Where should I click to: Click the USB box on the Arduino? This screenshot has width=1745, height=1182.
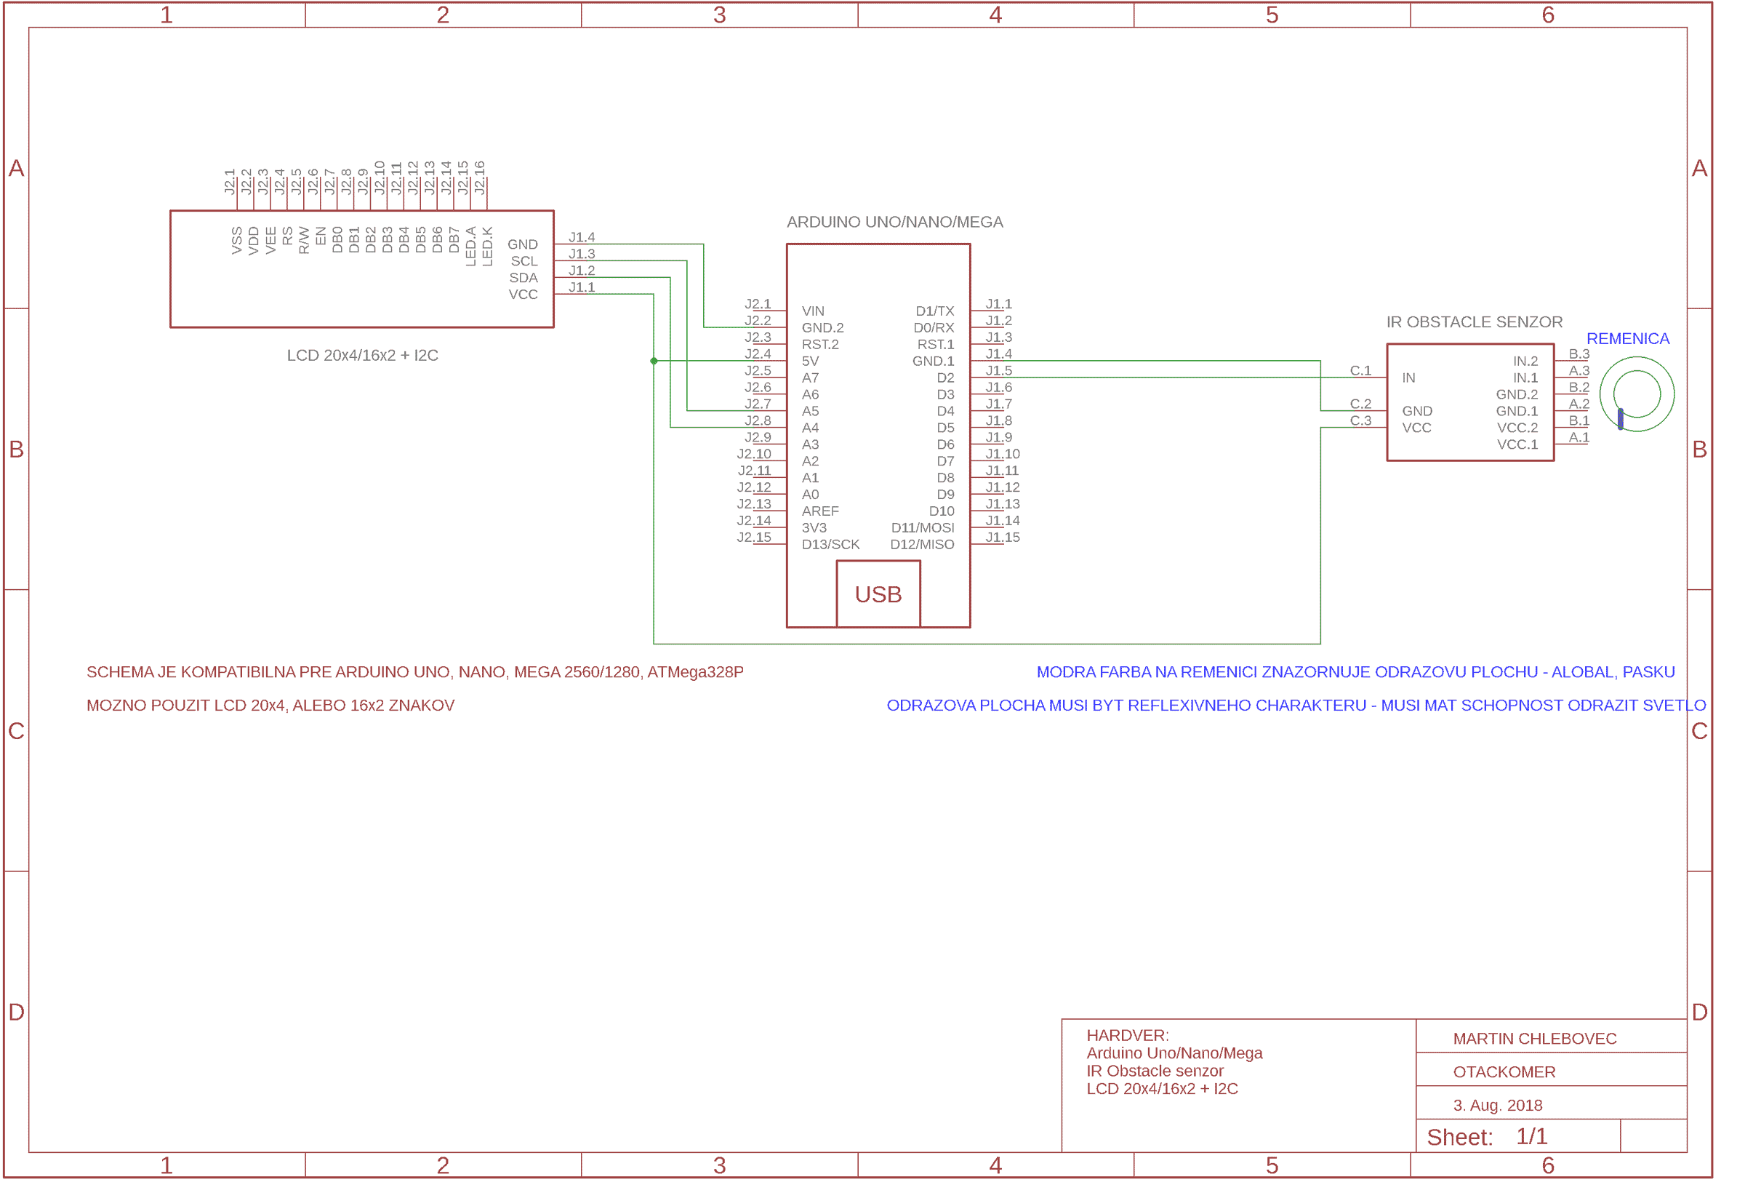point(878,594)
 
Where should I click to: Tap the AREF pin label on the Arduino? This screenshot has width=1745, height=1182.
point(820,511)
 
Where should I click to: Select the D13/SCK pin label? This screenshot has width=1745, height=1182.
point(830,544)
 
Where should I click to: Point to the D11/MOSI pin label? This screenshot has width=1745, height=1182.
point(922,528)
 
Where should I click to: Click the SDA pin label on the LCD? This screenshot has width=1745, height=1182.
point(523,278)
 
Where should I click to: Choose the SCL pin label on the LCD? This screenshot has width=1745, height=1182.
point(524,261)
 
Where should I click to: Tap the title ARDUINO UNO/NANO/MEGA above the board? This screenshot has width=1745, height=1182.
point(894,223)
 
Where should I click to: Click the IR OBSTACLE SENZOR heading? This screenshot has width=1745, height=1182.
point(1474,322)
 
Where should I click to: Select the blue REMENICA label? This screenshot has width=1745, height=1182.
point(1627,339)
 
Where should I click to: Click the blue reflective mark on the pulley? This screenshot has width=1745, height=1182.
point(1621,419)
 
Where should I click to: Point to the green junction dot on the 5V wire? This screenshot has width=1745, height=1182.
point(654,362)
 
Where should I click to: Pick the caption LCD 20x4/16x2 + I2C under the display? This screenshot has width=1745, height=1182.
point(363,356)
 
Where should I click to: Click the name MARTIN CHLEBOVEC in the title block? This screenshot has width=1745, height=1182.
point(1534,1039)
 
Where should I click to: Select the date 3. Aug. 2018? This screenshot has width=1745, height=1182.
point(1497,1106)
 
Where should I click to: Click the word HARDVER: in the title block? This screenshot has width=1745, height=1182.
point(1127,1036)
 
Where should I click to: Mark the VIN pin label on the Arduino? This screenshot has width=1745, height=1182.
point(812,311)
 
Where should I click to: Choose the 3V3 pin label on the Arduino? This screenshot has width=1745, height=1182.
point(814,528)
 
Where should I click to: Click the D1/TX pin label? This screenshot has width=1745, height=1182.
point(934,311)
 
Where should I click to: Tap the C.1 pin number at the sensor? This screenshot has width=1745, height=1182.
point(1360,371)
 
